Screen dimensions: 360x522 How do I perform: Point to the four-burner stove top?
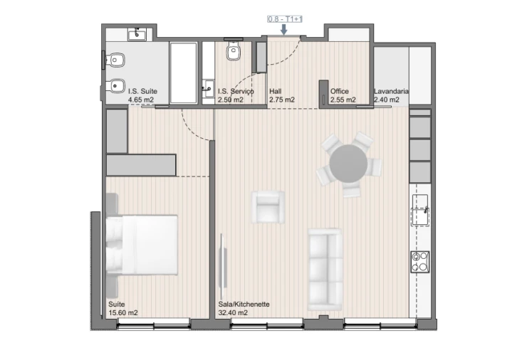coord(419,261)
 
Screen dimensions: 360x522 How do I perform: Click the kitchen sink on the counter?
coord(422,210)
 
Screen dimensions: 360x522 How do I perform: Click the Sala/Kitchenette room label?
coord(244,304)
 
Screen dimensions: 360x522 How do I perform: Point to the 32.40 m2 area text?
coord(233,312)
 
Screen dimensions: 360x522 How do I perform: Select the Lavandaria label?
coord(391,91)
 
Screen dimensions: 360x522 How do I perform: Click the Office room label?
coord(339,91)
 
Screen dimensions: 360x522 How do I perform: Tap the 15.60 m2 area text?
coord(123,312)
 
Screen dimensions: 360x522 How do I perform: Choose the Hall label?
coord(276,91)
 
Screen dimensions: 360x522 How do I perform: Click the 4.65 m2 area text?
coord(141,100)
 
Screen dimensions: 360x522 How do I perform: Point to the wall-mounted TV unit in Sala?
coord(224,264)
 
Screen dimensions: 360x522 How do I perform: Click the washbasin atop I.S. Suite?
coord(137,34)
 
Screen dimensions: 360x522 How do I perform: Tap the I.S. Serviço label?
coord(231,91)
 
